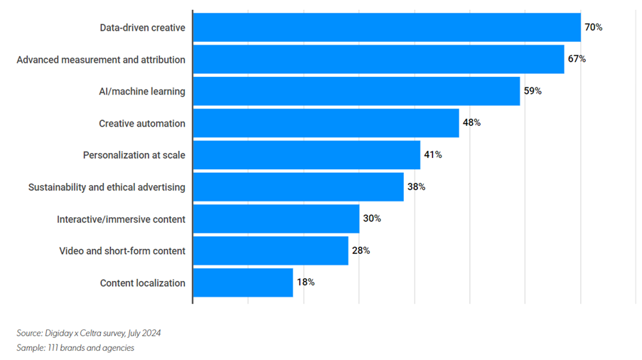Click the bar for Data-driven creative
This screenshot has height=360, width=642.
coord(387,28)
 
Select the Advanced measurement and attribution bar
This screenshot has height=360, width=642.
coord(378,59)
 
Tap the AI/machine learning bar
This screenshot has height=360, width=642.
coord(356,91)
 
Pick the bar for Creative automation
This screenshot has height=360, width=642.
coord(326,123)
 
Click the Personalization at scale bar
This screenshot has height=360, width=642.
coord(306,155)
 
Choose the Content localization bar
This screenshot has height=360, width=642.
coord(242,282)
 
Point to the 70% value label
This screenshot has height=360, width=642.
coord(594,28)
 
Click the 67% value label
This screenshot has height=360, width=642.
coord(577,59)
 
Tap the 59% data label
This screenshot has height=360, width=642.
coord(533,91)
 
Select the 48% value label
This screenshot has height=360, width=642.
coord(471,123)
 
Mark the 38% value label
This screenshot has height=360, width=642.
coord(416,187)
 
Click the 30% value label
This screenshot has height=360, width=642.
coord(372,218)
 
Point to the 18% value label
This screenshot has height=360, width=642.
coord(306,282)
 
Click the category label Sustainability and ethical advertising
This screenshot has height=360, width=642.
coord(107,187)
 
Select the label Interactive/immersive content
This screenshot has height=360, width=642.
coord(121,219)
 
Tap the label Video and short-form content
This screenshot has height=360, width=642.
coord(122,250)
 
